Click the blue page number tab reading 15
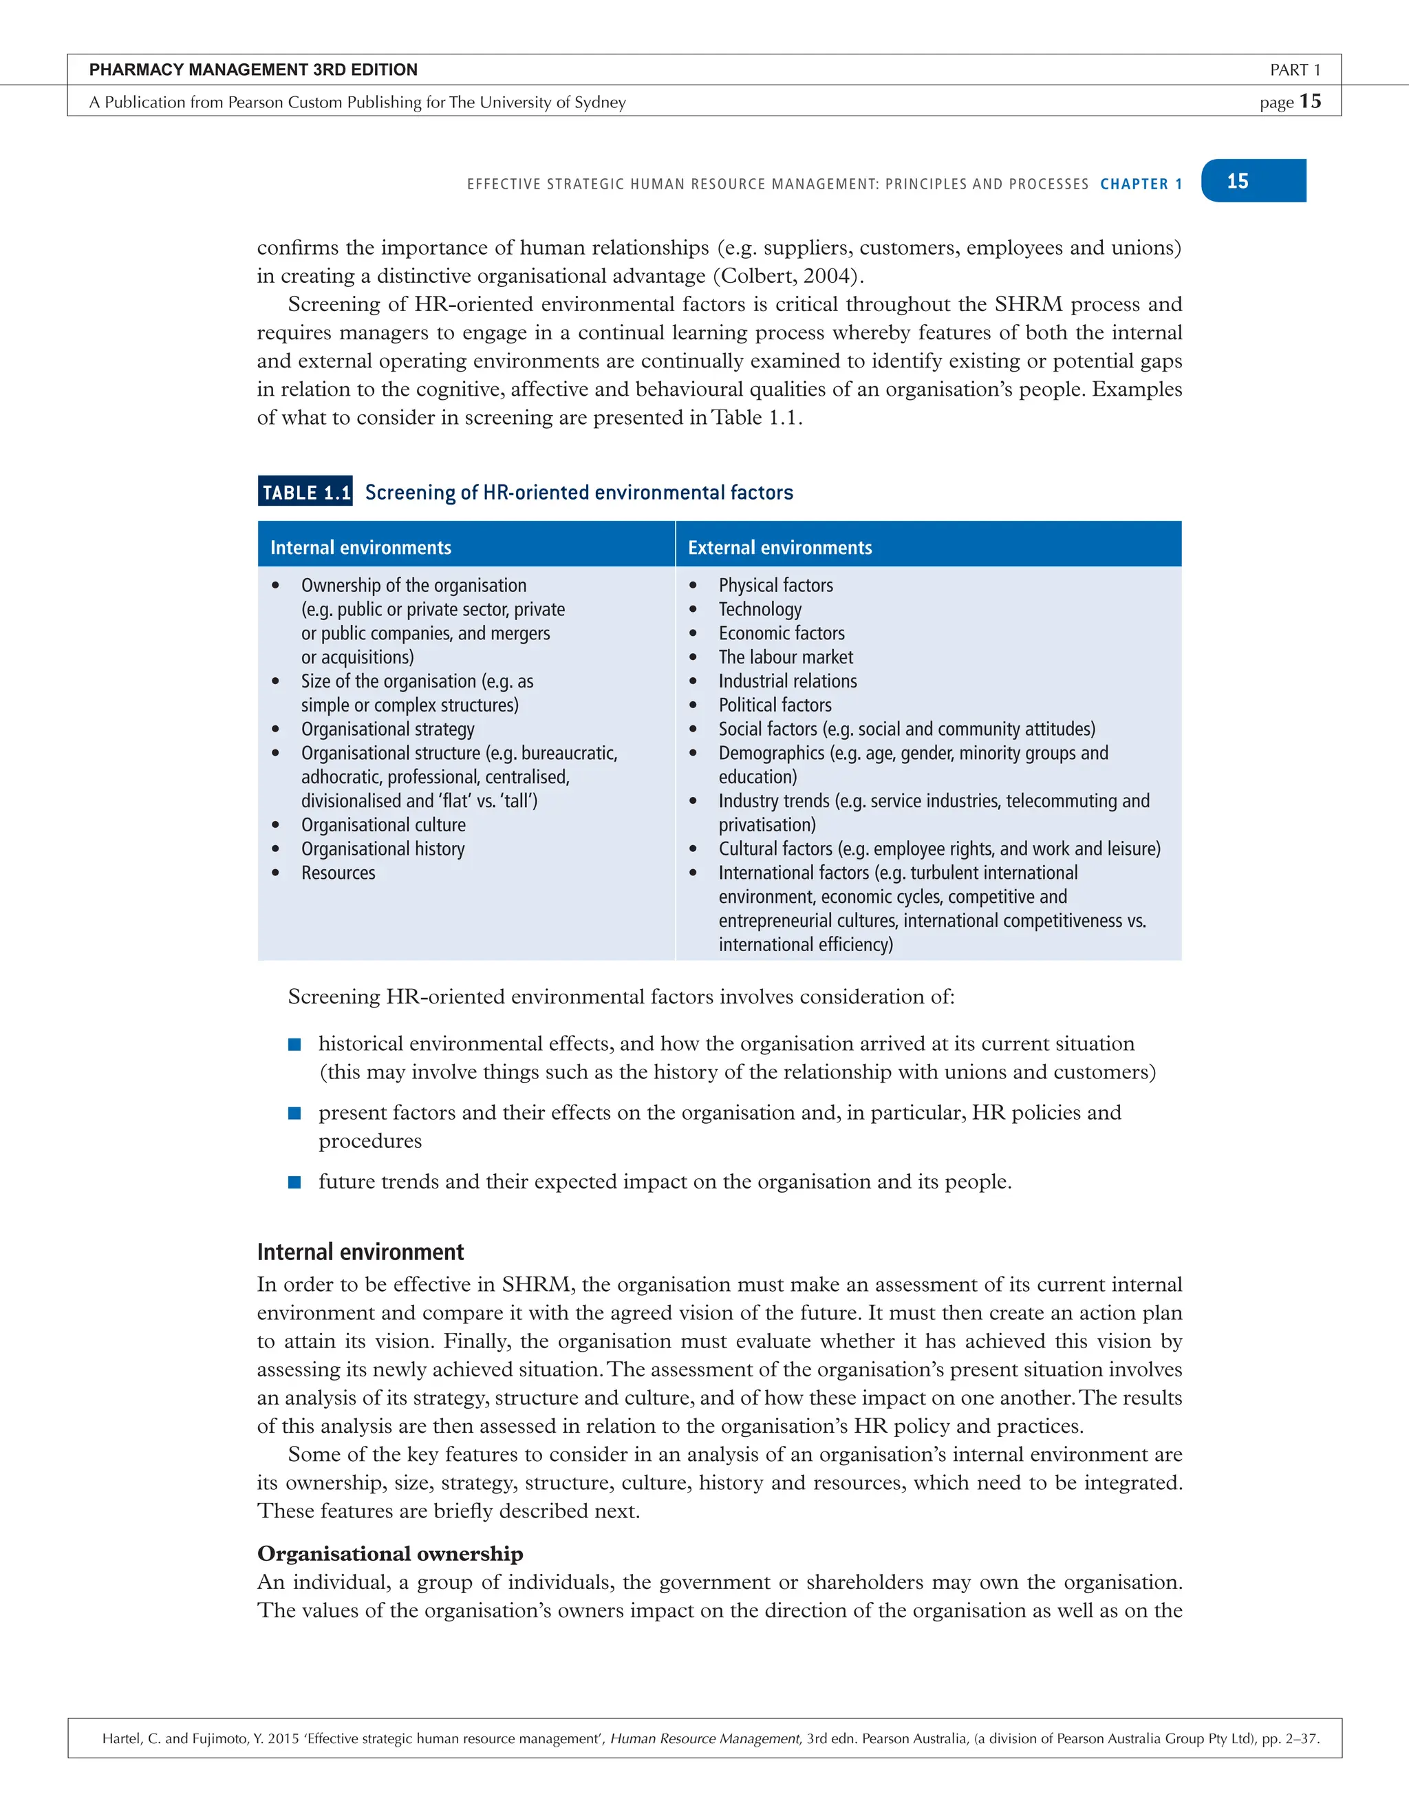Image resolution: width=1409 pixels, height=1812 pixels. (1252, 181)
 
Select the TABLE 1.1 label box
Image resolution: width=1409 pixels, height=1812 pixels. (305, 492)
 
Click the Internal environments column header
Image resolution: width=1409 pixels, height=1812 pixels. (361, 548)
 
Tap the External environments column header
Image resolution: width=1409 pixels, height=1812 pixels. (779, 548)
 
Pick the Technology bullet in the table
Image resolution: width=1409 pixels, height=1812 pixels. (760, 609)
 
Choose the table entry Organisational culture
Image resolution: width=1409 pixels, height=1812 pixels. (383, 824)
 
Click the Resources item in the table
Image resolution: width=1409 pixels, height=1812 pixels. (338, 873)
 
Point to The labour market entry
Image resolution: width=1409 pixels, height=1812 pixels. (786, 657)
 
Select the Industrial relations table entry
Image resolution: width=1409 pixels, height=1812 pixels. (788, 681)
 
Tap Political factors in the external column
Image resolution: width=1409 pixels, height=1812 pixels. (775, 705)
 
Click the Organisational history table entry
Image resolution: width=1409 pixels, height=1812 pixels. (383, 849)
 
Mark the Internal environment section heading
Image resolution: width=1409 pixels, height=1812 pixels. (360, 1252)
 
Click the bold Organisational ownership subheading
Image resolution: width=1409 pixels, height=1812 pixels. (390, 1553)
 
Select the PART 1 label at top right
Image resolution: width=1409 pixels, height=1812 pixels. (1295, 70)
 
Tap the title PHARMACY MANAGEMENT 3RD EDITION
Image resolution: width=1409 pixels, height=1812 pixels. (253, 70)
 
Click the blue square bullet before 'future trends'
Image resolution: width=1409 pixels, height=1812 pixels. (294, 1182)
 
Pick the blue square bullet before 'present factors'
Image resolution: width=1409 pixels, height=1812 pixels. (294, 1113)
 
